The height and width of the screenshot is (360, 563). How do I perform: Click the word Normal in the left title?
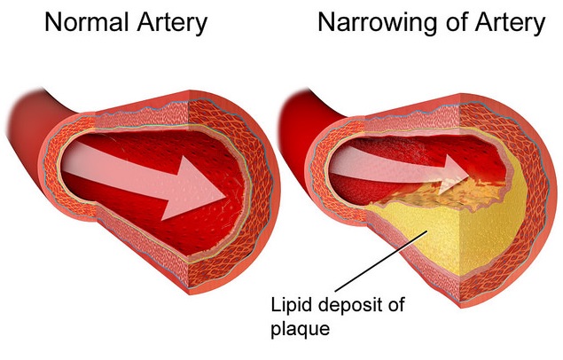click(x=86, y=22)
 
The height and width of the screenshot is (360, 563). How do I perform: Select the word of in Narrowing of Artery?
click(x=455, y=22)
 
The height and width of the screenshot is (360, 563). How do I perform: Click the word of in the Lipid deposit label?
click(x=395, y=304)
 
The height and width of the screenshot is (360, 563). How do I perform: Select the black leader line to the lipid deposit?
click(x=381, y=261)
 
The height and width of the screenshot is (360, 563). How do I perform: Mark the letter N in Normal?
click(x=53, y=23)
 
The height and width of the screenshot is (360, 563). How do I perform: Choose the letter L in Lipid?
click(x=276, y=305)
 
